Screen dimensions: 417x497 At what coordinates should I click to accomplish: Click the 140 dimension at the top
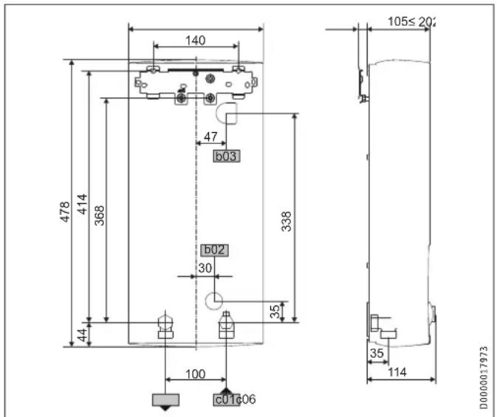point(195,41)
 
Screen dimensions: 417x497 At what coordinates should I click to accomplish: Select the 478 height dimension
point(65,211)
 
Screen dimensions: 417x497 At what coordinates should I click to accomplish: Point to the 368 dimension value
point(100,214)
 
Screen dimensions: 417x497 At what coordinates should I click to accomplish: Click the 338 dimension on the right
point(287,222)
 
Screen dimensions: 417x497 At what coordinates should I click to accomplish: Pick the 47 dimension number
point(210,137)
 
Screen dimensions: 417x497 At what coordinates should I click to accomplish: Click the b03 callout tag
point(227,156)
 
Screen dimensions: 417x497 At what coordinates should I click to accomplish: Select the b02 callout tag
point(214,251)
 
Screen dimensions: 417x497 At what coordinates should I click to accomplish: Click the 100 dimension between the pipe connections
point(195,374)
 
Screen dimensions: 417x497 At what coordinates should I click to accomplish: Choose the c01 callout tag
point(224,399)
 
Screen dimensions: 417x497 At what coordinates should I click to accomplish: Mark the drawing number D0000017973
point(484,376)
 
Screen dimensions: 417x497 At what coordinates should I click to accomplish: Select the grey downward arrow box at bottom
point(165,401)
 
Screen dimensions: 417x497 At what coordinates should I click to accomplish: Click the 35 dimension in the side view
point(376,354)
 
